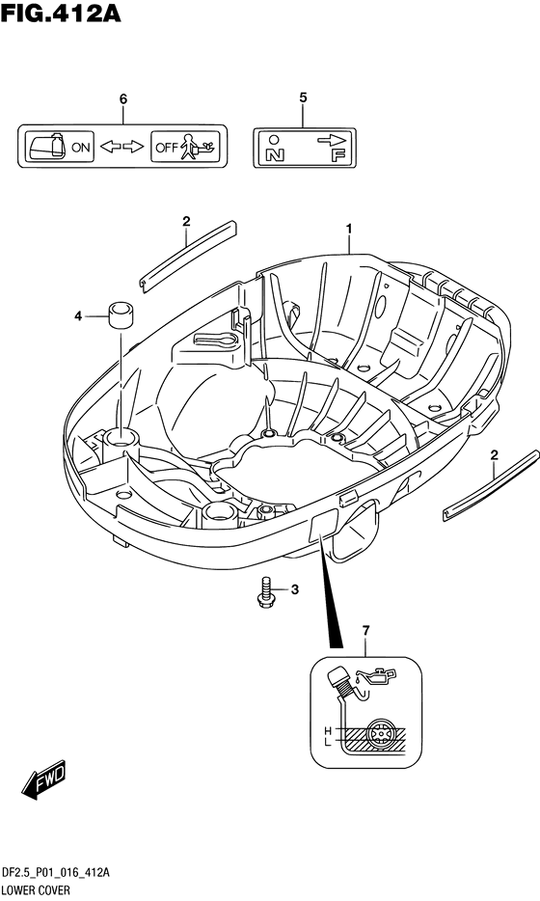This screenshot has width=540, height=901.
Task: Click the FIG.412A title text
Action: tap(61, 13)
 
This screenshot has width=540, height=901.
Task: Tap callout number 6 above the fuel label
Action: tap(122, 98)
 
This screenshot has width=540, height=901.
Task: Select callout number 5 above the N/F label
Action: tap(304, 97)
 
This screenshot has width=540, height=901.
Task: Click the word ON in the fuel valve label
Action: tap(81, 147)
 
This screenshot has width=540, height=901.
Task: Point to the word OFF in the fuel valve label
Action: tap(167, 148)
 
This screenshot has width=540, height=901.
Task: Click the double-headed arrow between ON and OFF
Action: tap(121, 147)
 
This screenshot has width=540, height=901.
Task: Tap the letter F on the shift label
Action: tap(338, 154)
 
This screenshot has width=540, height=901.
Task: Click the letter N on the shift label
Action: tap(274, 154)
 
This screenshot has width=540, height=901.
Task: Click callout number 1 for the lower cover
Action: tap(349, 230)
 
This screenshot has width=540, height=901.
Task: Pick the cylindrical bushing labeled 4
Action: tap(121, 314)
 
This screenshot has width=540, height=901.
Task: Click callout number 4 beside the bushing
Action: tap(78, 315)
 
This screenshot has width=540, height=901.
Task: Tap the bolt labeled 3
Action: tap(265, 592)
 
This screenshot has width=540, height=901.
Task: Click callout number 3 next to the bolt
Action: tap(294, 589)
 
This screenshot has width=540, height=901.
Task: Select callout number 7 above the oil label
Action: tap(365, 631)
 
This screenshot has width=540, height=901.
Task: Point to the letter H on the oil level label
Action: tap(328, 731)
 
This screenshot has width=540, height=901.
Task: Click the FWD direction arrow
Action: tap(44, 779)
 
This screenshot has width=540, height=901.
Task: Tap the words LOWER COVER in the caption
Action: tap(36, 890)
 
